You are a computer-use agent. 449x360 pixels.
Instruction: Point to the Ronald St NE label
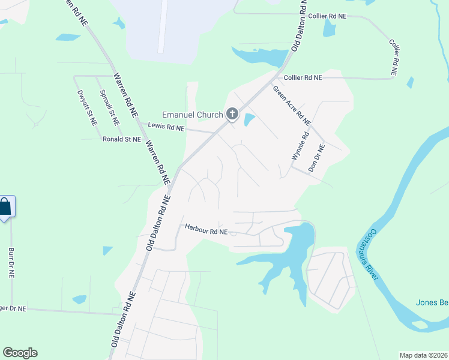[x=121, y=139]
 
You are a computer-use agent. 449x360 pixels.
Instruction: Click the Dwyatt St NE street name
[x=86, y=107]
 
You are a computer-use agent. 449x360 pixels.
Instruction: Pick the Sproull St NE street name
[x=109, y=107]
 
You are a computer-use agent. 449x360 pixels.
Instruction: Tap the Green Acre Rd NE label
[x=292, y=105]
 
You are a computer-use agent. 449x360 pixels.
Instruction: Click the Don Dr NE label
[x=316, y=158]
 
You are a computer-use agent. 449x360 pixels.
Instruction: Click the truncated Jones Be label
[x=432, y=302]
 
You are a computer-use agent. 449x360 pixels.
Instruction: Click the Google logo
[x=20, y=353]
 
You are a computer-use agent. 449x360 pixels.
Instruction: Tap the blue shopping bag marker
[x=5, y=208]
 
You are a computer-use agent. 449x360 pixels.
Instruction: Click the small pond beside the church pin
[x=249, y=119]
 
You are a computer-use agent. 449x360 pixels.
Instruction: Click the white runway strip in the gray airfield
[x=162, y=27]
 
